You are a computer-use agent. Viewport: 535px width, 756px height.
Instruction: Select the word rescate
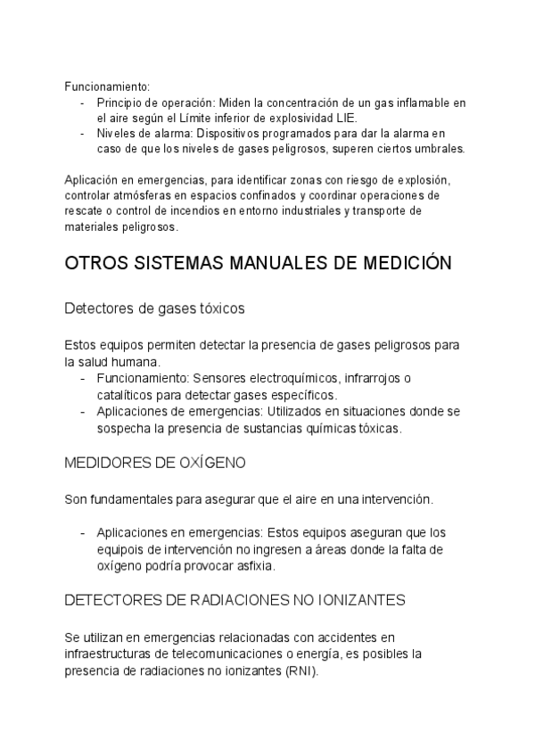tap(84, 210)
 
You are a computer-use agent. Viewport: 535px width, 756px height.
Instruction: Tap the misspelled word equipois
tap(121, 548)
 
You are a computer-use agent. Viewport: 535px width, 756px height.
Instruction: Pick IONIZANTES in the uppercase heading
tap(366, 600)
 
